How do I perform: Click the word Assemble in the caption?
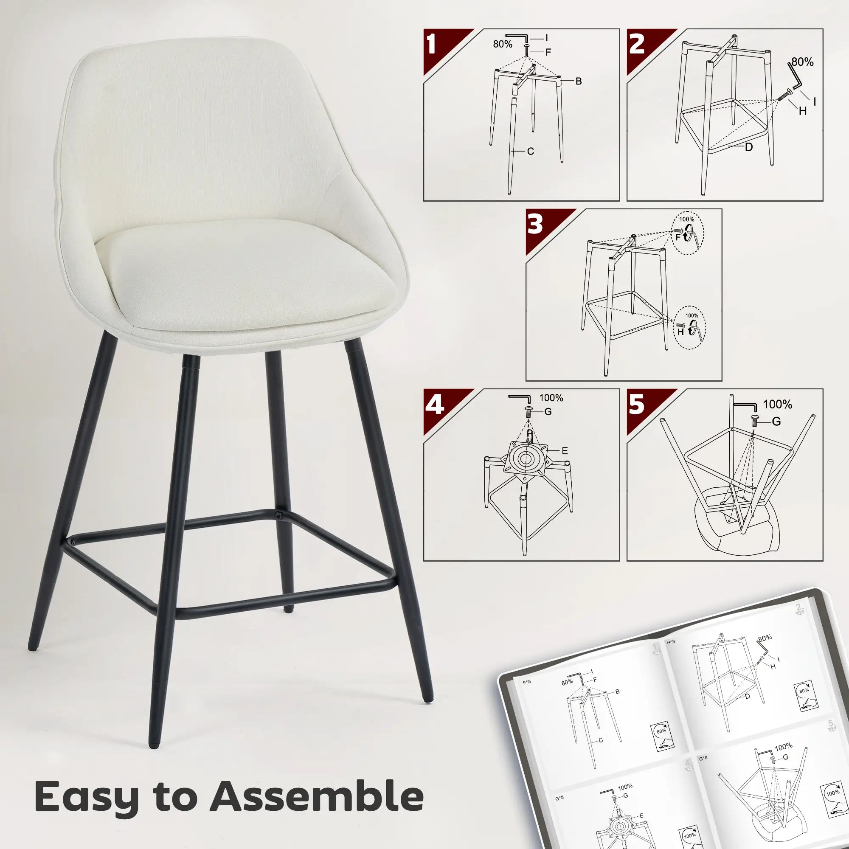point(316,796)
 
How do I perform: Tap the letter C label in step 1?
point(530,151)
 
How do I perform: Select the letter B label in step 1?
point(579,82)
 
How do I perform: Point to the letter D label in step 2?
point(749,147)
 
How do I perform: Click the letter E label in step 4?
point(565,450)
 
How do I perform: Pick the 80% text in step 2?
point(802,62)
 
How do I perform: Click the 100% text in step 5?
point(777,404)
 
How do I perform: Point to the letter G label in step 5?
point(776,422)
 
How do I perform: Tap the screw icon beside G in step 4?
point(529,411)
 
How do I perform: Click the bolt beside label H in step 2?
point(785,96)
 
